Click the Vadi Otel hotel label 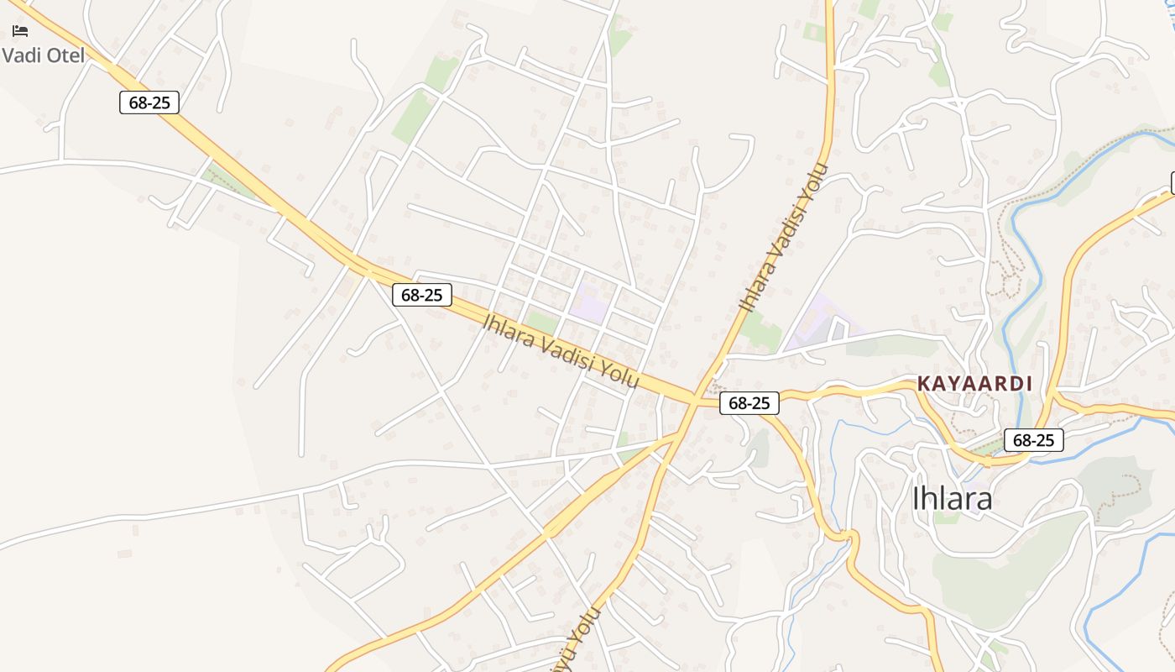pos(44,55)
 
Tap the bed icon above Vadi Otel pos(20,31)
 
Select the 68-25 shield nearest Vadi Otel pos(149,102)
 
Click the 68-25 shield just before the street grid pos(421,295)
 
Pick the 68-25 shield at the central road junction pos(749,403)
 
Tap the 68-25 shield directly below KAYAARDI pos(1033,439)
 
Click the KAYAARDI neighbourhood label pos(974,384)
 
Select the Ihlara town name pos(952,499)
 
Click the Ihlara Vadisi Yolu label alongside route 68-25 pos(561,351)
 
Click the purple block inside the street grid pos(588,302)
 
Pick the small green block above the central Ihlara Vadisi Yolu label pos(542,322)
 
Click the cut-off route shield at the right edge pos(1172,182)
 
